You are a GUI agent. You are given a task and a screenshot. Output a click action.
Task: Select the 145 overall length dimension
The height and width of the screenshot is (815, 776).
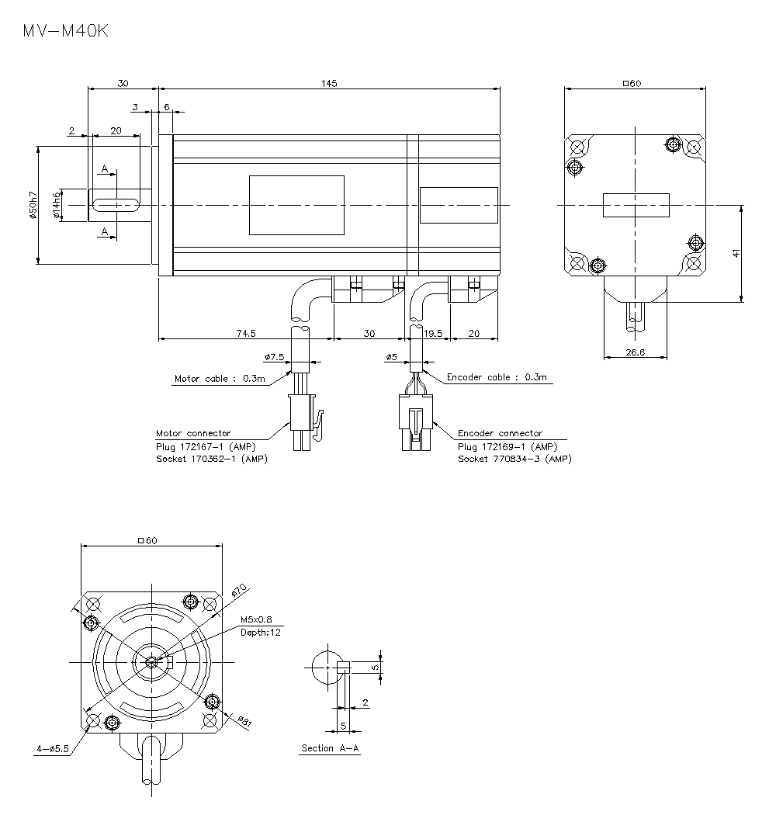(329, 83)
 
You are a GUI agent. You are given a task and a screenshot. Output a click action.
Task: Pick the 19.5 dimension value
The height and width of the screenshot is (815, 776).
(433, 333)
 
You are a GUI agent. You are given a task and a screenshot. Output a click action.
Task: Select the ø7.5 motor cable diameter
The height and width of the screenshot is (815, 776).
(275, 357)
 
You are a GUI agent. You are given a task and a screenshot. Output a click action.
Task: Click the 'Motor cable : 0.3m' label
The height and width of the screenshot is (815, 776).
(220, 379)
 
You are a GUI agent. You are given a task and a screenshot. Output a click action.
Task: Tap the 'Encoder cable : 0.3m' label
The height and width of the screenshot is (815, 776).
(497, 377)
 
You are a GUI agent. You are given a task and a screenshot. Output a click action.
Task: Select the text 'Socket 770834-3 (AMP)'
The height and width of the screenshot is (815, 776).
(514, 459)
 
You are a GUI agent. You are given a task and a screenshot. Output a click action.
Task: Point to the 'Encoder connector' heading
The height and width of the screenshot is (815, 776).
(500, 433)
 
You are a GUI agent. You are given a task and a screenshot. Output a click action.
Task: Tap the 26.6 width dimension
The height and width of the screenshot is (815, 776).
(634, 352)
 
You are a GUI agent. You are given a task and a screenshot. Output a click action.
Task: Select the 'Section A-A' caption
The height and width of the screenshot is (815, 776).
(331, 748)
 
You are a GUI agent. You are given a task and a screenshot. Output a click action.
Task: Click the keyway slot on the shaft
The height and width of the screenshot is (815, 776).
(116, 205)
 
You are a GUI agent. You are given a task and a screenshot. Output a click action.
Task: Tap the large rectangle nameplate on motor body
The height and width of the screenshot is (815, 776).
(296, 205)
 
